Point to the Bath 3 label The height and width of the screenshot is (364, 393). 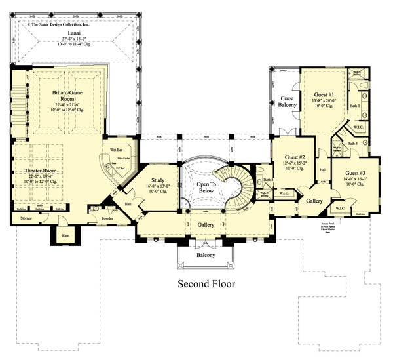pos(352,143)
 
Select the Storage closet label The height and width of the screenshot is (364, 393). pos(26,218)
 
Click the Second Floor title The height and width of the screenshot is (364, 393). pos(207,284)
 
